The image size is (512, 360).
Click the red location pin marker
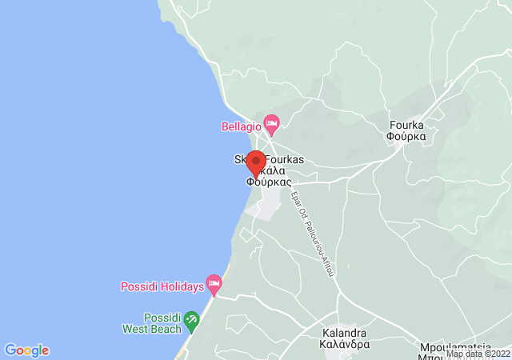tap(256, 162)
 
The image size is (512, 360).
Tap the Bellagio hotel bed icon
tap(271, 122)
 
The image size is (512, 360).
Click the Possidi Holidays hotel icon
tap(214, 282)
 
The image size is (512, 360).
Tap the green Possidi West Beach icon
tap(191, 322)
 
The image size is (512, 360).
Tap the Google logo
tap(26, 350)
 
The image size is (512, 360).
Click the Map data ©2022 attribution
tap(478, 354)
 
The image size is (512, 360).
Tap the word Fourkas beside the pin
tap(284, 160)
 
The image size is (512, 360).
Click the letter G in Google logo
tap(10, 350)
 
